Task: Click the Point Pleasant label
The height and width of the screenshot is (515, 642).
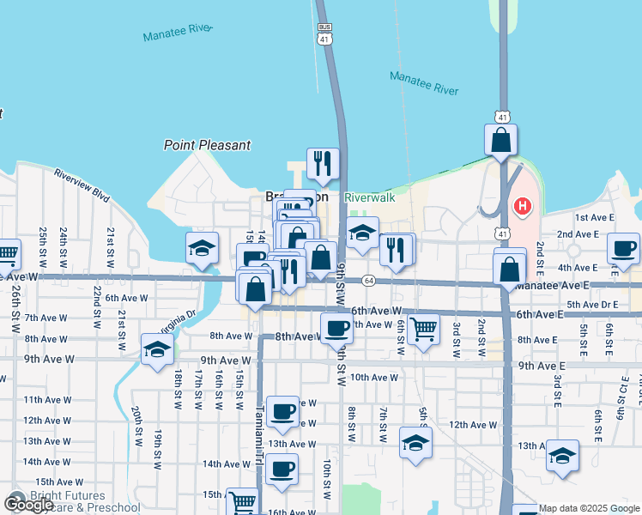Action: tap(207, 145)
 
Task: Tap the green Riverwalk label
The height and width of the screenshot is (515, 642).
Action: tap(370, 197)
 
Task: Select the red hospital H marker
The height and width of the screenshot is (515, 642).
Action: tap(522, 207)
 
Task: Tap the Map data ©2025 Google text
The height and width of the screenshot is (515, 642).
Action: tap(590, 508)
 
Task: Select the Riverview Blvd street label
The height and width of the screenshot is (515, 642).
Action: tap(82, 185)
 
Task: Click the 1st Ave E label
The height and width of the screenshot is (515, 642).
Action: tap(594, 218)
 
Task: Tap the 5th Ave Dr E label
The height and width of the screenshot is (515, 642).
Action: tap(591, 304)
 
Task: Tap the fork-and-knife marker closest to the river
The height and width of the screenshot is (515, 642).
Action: tap(323, 163)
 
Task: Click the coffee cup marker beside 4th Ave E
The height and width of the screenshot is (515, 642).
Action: tap(622, 249)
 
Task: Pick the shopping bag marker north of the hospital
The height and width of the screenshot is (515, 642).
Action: tap(501, 139)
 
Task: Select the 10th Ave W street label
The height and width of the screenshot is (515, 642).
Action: tap(373, 377)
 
